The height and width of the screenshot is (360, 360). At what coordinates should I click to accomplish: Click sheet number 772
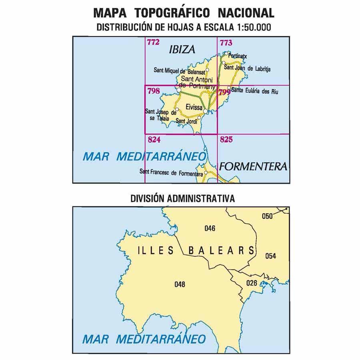coord(153,42)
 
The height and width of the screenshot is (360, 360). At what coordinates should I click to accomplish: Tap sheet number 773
coord(226,42)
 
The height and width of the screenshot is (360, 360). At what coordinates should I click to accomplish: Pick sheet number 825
coord(226,140)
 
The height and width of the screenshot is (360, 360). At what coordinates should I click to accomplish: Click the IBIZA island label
coord(182,50)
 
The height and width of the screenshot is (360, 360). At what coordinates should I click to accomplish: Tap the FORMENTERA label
coord(254,166)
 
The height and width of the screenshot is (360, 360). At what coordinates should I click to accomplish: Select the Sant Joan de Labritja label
coord(247,69)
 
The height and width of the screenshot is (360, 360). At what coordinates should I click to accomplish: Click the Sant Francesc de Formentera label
coord(171,173)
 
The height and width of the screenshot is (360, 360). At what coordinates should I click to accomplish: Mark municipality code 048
coord(180,284)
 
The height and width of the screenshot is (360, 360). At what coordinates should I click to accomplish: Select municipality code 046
coord(210,229)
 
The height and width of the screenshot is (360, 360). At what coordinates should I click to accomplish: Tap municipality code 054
coord(270,256)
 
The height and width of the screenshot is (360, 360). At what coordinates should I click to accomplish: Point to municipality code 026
coord(251,283)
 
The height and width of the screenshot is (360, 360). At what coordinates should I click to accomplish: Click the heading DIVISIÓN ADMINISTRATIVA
coord(182,198)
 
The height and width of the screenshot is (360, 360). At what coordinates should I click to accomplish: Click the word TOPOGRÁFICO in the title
coord(172,13)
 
